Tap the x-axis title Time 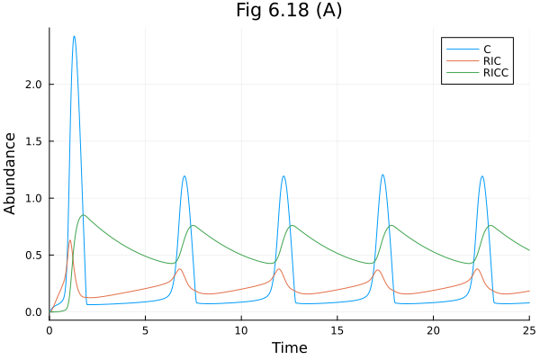[289, 347]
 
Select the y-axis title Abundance [11, 173]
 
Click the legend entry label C [487, 48]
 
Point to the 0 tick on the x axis [49, 330]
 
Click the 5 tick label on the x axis [145, 330]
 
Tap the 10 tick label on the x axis [241, 330]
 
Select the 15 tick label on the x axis [337, 330]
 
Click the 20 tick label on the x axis [433, 330]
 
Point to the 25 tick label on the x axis [528, 330]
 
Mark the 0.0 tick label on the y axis [34, 312]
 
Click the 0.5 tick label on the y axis [34, 255]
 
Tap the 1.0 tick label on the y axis [34, 198]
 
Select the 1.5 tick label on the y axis [34, 141]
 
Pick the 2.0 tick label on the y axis [34, 85]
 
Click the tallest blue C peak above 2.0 [74, 37]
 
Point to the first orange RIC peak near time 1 [70, 240]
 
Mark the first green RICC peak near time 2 [84, 215]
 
